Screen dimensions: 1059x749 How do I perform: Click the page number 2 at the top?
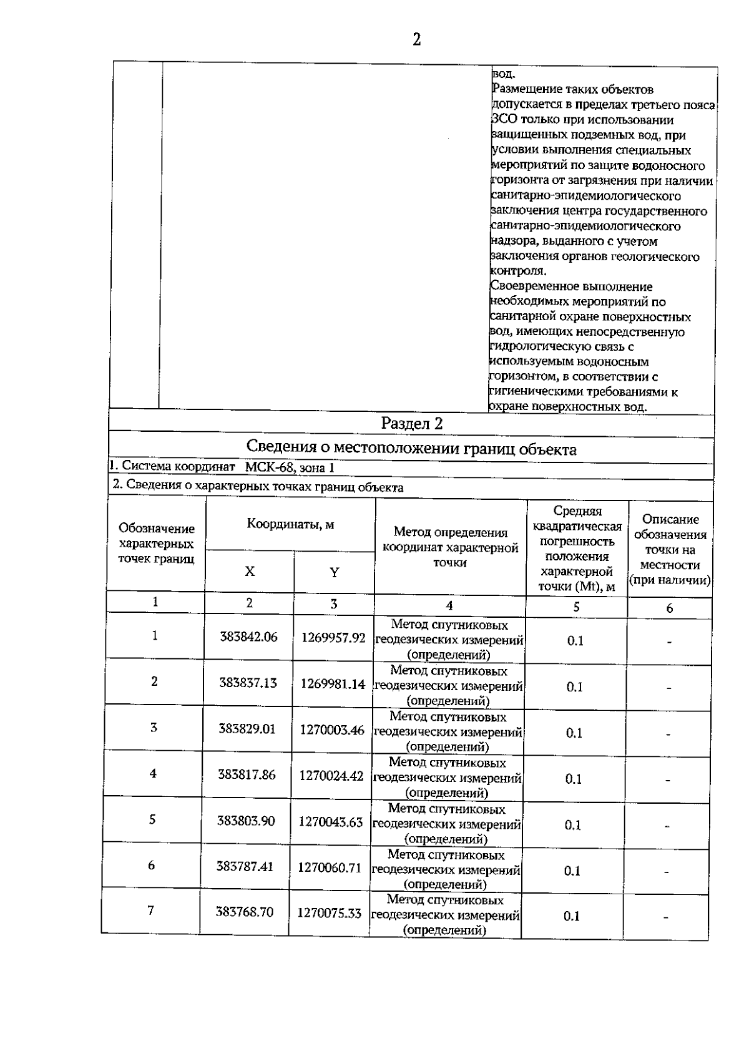(x=416, y=40)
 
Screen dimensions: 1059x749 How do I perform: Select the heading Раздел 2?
(x=412, y=424)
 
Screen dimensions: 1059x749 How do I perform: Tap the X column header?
(x=250, y=571)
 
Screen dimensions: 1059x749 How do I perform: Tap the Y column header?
(x=334, y=572)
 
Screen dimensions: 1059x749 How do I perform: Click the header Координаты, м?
(x=290, y=524)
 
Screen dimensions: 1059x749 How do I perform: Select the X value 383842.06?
(x=248, y=637)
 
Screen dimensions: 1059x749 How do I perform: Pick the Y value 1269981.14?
(x=333, y=684)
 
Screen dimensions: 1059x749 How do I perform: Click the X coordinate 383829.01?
(x=247, y=729)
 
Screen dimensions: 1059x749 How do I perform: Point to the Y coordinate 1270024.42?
(x=331, y=776)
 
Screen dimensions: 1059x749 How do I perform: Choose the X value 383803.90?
(x=246, y=821)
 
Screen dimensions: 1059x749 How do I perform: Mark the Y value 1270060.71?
(x=330, y=867)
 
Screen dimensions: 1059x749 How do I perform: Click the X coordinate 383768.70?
(x=245, y=912)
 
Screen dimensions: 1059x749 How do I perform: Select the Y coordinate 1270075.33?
(x=329, y=914)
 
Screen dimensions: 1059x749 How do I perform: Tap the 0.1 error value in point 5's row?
(x=573, y=825)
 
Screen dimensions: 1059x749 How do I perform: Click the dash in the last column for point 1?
(x=669, y=642)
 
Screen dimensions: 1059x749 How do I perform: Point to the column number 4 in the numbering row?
(x=449, y=605)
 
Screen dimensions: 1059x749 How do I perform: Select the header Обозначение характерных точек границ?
(x=156, y=544)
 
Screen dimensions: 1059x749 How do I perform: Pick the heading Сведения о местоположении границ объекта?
(x=411, y=449)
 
